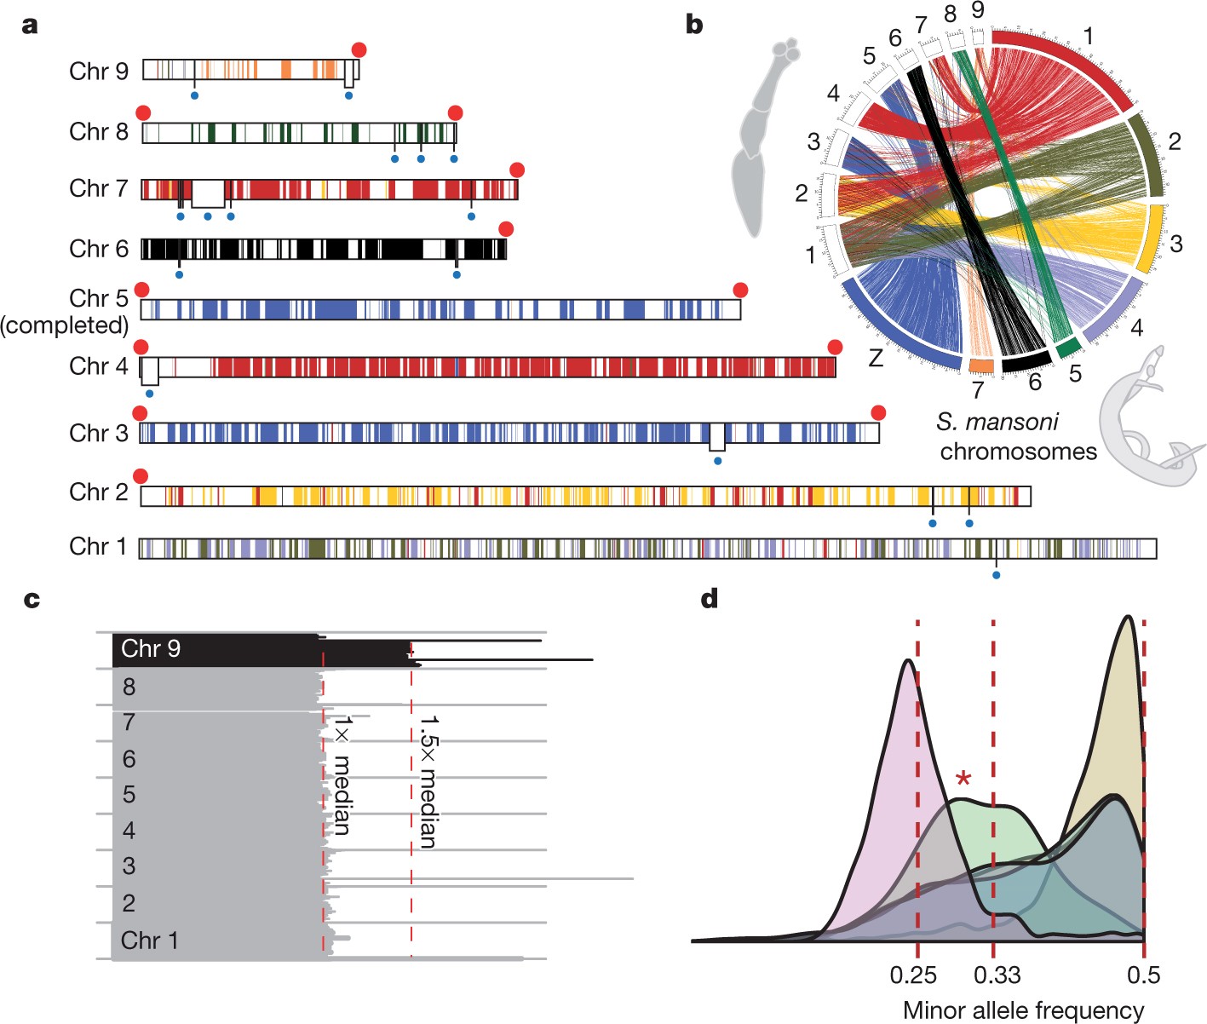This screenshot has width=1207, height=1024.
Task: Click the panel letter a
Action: pyautogui.click(x=31, y=25)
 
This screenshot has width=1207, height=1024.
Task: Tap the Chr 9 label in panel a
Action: pyautogui.click(x=99, y=71)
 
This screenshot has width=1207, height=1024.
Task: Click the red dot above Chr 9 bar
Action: pyautogui.click(x=359, y=50)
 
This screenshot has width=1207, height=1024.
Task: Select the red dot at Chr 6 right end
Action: pyautogui.click(x=506, y=229)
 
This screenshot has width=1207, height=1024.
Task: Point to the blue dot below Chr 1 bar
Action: pyautogui.click(x=996, y=576)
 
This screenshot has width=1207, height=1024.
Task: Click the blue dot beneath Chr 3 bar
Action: pyautogui.click(x=717, y=461)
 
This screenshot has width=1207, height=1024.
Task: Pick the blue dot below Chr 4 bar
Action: pyautogui.click(x=150, y=394)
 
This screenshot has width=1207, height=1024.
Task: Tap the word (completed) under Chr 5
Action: pyautogui.click(x=65, y=325)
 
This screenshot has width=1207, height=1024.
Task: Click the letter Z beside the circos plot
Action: pyautogui.click(x=876, y=359)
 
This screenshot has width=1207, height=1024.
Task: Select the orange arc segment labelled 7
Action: pyautogui.click(x=982, y=365)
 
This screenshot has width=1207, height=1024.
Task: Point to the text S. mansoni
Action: pyautogui.click(x=997, y=422)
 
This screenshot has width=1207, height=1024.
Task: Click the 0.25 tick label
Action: pyautogui.click(x=913, y=975)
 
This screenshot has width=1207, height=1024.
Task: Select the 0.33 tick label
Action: pyautogui.click(x=997, y=975)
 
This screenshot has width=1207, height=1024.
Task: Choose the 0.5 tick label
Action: pyautogui.click(x=1143, y=975)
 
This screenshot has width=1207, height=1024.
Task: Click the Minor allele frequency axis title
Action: pyautogui.click(x=1023, y=1010)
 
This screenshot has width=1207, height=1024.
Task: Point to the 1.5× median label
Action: pyautogui.click(x=428, y=781)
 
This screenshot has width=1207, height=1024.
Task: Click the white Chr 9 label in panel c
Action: pyautogui.click(x=151, y=649)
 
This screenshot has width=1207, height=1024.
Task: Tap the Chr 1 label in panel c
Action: pyautogui.click(x=150, y=941)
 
